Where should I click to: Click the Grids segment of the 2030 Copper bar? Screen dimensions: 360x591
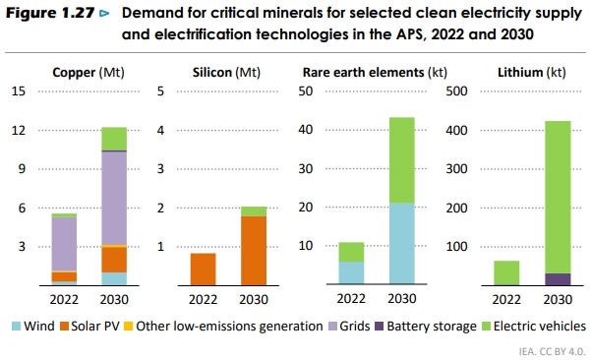(x=114, y=197)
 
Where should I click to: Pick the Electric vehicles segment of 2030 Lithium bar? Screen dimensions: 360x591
(x=558, y=197)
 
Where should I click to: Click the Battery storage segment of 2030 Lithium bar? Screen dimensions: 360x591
(x=558, y=279)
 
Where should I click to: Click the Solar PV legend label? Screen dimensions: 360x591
(x=96, y=326)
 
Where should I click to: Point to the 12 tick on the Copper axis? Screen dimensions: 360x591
(x=18, y=130)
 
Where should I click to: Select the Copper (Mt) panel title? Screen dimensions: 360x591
(x=89, y=73)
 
